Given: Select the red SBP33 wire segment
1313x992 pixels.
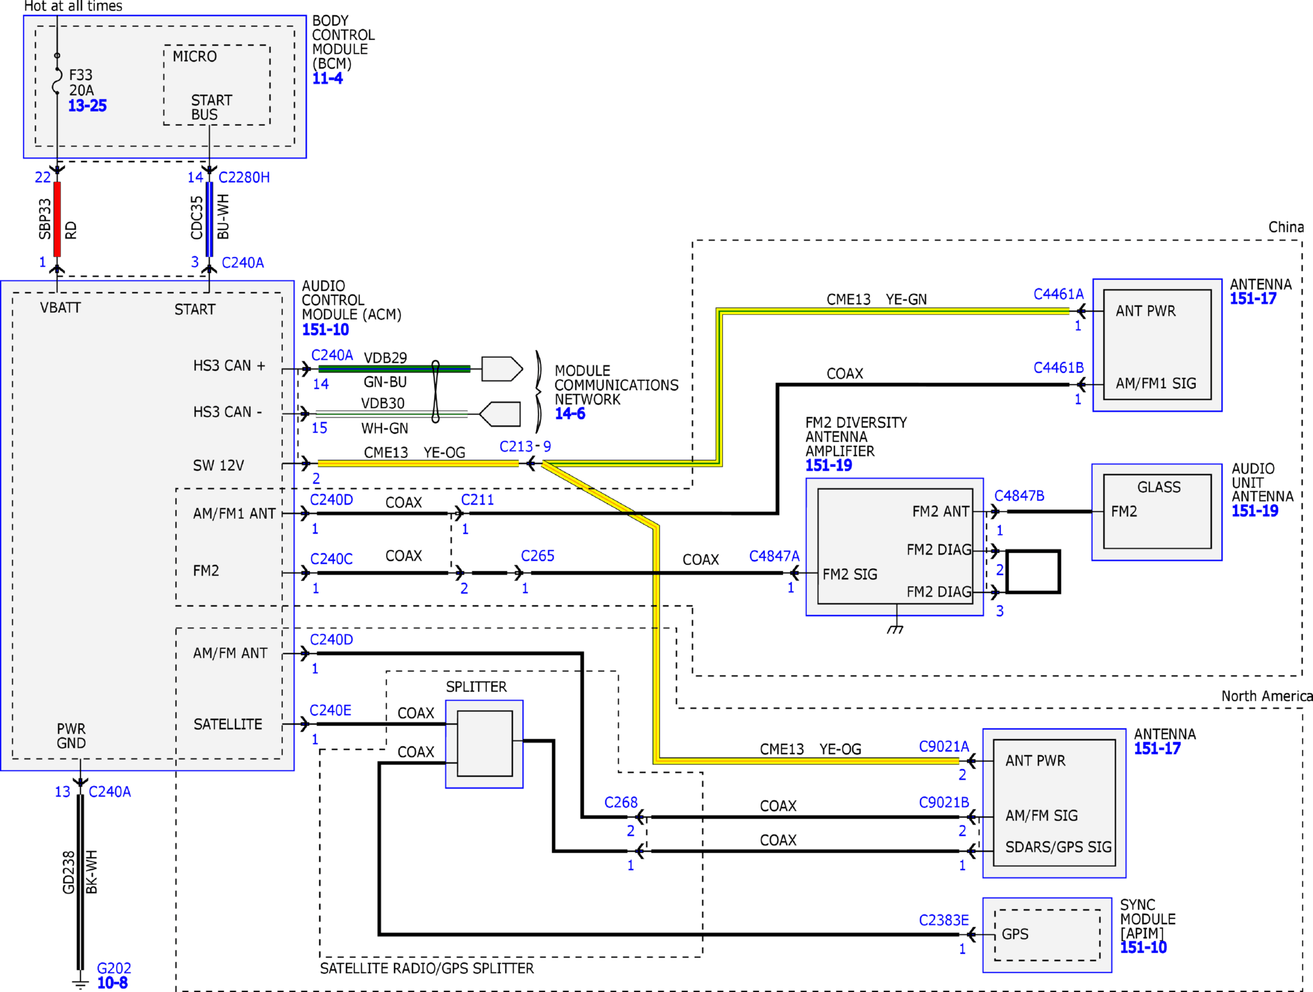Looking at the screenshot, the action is (57, 219).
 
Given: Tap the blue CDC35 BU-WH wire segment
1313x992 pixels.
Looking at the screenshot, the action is (210, 219).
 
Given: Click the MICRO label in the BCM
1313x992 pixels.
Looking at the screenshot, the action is (195, 57).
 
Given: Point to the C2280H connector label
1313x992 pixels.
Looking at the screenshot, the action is (244, 178).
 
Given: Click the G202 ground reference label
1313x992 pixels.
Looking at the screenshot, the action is (114, 968).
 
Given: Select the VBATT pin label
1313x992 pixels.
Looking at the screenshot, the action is (60, 308).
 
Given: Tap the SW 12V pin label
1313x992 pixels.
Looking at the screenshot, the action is (218, 465).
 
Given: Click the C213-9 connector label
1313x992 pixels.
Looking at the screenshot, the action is (525, 446).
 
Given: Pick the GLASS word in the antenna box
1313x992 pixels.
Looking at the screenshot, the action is (1159, 487).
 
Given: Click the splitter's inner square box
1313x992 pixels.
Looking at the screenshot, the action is (485, 743).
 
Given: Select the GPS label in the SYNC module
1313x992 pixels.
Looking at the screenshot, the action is (1015, 934).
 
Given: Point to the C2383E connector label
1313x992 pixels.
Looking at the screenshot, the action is (944, 920).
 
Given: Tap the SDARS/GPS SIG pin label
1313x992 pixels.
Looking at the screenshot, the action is (1058, 847).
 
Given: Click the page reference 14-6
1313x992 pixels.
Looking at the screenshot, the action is (570, 414).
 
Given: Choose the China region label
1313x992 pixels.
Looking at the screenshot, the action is (1286, 227).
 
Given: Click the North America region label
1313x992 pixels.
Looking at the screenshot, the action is (1267, 696).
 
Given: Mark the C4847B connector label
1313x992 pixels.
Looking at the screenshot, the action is (1020, 496).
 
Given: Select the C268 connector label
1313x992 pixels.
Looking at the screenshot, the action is (621, 803).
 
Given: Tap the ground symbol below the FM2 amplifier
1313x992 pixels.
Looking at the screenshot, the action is (896, 629).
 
